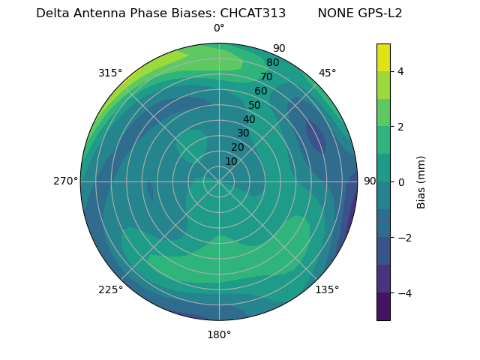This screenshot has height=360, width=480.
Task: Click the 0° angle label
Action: (219, 28)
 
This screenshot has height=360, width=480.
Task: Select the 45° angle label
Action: (327, 73)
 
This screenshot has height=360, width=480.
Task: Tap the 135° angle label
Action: (327, 289)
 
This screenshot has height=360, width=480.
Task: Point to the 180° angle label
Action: (219, 334)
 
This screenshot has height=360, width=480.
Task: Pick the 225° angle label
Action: (110, 289)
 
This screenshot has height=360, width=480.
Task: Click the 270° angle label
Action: (65, 181)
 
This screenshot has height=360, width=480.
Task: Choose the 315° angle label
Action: (110, 73)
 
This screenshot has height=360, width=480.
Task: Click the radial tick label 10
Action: (231, 161)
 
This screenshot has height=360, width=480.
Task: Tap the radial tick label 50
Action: (255, 105)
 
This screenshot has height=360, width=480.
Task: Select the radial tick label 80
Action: (273, 63)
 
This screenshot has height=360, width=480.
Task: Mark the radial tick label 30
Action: (243, 133)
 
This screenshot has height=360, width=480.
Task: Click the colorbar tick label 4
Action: (401, 71)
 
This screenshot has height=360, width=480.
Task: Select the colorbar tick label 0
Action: (401, 181)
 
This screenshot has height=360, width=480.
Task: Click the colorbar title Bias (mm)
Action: (421, 181)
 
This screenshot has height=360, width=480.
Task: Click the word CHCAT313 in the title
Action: (253, 13)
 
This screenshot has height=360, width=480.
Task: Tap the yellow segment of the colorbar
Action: (383, 57)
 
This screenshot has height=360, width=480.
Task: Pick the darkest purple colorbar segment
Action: (383, 307)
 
